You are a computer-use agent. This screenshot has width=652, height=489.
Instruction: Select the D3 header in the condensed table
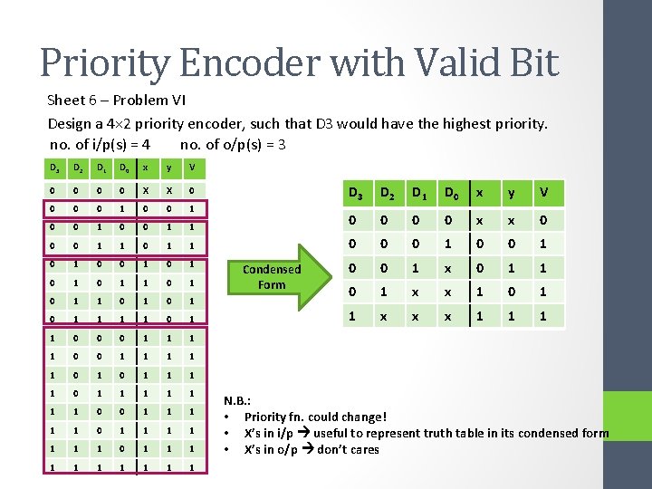[357, 192]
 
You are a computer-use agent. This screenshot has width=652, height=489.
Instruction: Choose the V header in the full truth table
[192, 168]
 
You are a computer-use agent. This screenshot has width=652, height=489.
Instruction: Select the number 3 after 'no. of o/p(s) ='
[283, 144]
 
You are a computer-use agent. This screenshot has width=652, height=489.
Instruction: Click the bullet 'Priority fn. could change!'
[315, 417]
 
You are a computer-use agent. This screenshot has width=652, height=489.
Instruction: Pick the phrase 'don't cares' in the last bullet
[348, 449]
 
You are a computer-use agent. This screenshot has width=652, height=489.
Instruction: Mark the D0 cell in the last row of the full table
[122, 466]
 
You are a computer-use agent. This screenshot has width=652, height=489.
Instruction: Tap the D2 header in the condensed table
[388, 192]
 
